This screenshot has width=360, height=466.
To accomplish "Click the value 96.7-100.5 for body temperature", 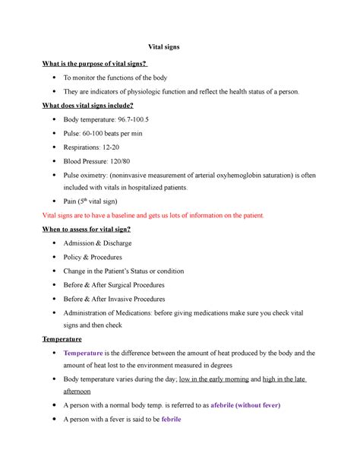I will pyautogui.click(x=134, y=121).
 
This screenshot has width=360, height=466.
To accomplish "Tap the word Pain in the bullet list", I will pyautogui.click(x=71, y=202).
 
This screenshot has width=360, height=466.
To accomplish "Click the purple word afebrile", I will pyautogui.click(x=231, y=405).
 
